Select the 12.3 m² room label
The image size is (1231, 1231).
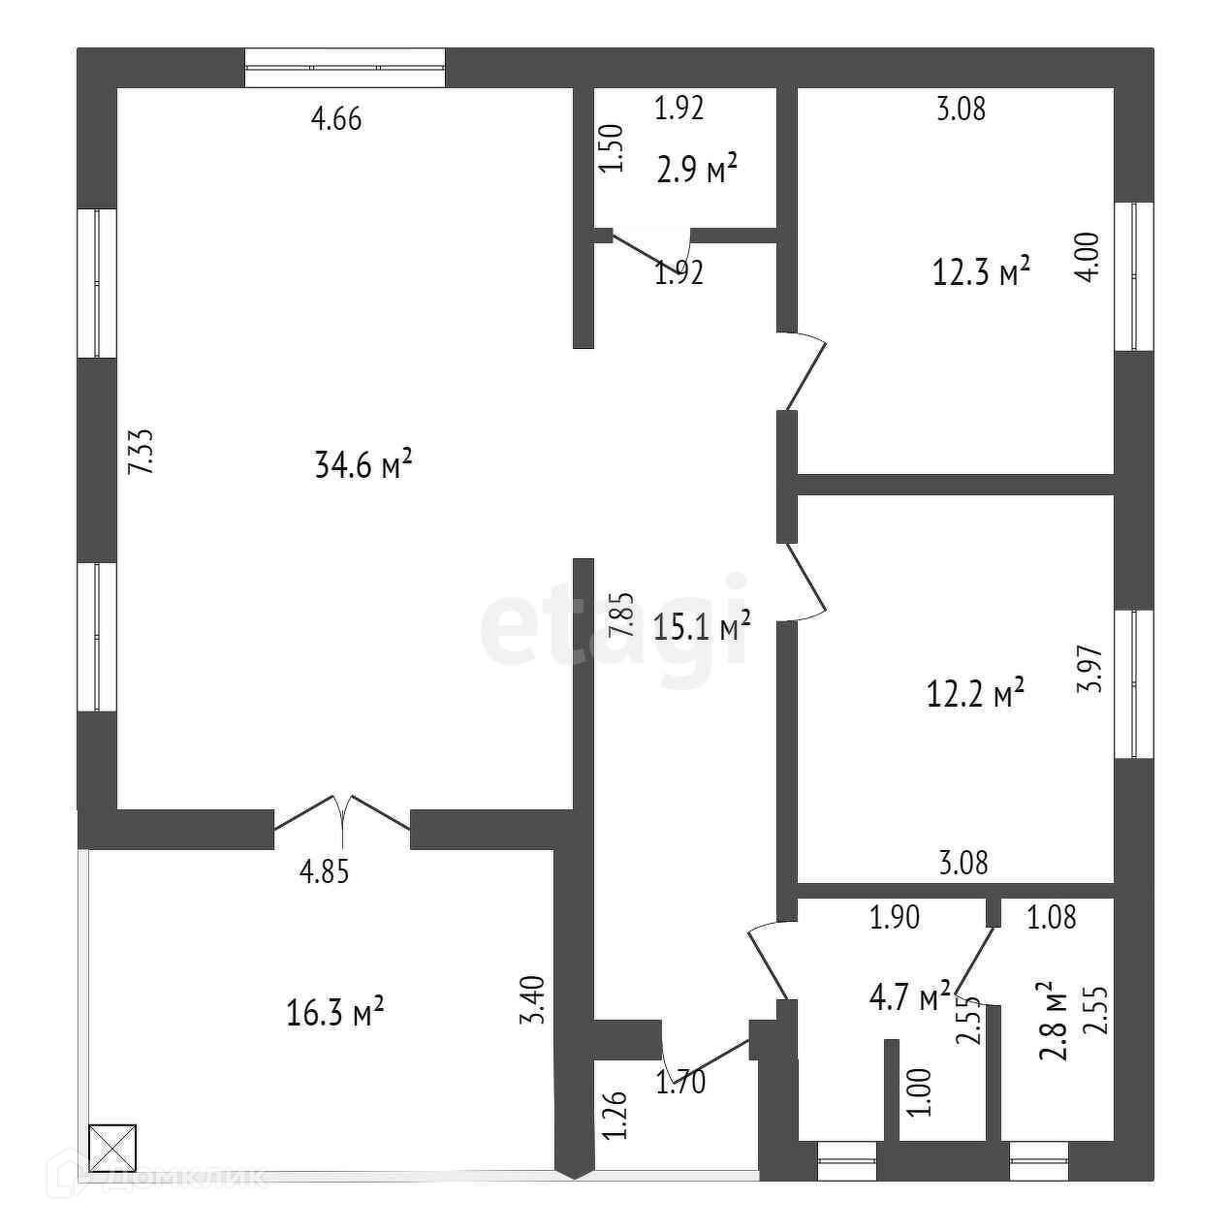[980, 272]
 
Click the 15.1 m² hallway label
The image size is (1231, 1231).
[703, 627]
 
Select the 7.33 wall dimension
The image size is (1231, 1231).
[142, 452]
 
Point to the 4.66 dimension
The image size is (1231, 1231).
[336, 120]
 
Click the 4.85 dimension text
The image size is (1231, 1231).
[324, 872]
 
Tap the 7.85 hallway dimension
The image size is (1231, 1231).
[620, 614]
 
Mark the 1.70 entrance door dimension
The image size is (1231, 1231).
[680, 1081]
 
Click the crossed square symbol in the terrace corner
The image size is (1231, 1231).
[112, 1149]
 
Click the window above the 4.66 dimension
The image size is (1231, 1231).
[345, 68]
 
